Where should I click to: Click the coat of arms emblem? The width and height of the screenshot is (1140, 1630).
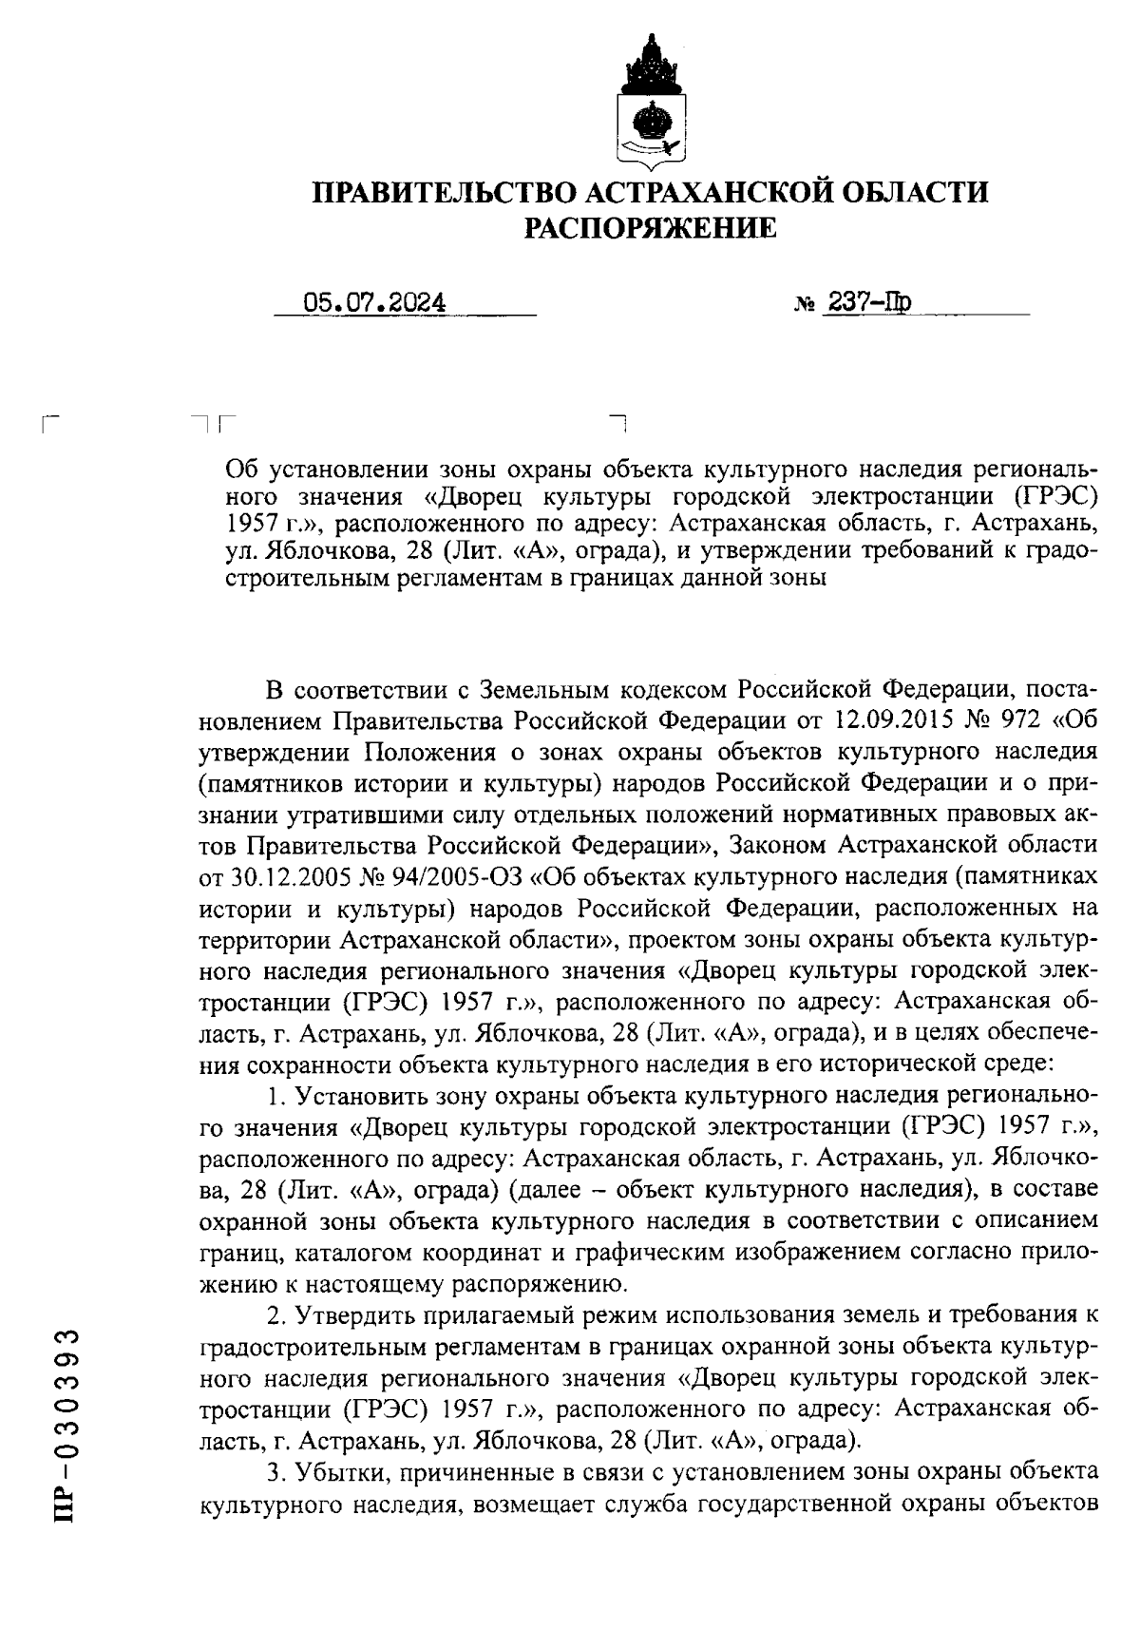pos(651,102)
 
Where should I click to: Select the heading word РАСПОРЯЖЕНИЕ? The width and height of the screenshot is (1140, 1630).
pos(652,228)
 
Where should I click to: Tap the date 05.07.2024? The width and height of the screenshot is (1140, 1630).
pos(373,302)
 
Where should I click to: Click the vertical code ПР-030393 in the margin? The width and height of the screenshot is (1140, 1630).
pos(66,1426)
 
